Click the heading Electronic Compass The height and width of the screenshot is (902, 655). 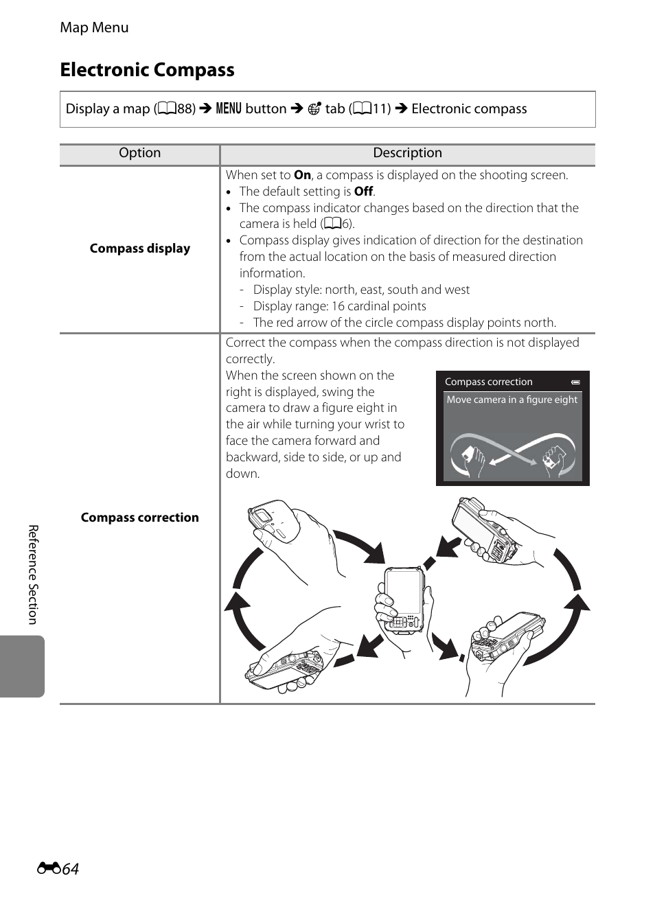point(147,70)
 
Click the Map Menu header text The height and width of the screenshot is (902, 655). point(94,27)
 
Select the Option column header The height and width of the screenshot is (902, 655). point(139,153)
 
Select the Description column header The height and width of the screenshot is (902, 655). point(407,153)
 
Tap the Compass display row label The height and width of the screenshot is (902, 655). point(139,248)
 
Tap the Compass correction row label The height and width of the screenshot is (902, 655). point(139,518)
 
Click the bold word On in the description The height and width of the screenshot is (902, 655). point(302,175)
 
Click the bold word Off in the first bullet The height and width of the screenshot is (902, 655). point(363,192)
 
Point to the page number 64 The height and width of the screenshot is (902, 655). point(70,869)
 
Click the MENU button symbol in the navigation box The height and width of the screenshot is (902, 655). point(229,108)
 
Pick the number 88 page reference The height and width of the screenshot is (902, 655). point(185,108)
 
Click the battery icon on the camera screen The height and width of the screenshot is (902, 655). point(575,382)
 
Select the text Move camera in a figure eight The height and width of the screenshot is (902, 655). point(512,400)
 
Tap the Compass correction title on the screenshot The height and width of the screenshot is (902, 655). point(488,382)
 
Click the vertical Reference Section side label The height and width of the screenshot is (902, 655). point(32,575)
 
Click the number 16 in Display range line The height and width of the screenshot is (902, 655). point(338,306)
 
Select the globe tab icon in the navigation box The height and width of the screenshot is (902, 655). point(314,108)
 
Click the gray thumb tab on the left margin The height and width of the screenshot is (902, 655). point(23,666)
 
